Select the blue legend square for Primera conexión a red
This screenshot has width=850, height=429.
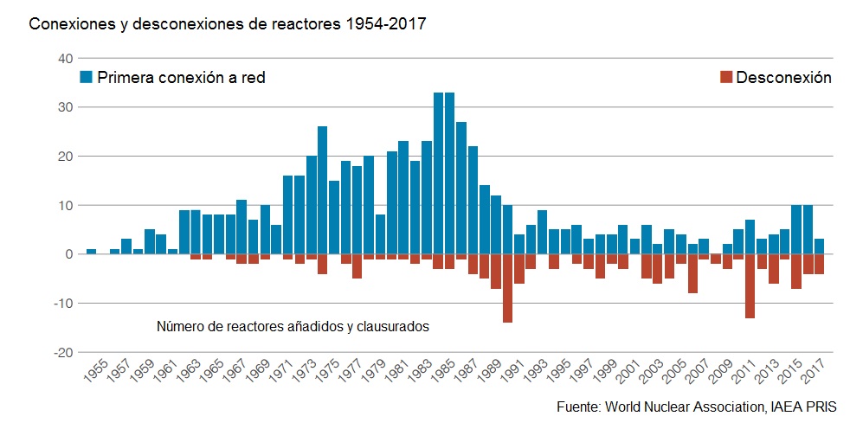(87, 77)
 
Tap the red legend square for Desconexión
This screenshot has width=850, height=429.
(725, 77)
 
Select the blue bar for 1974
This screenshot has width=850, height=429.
(322, 190)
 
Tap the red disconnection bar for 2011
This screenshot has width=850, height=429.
(750, 285)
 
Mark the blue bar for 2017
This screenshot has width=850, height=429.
(819, 247)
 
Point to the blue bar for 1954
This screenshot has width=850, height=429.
(91, 252)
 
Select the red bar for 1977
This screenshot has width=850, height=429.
(357, 266)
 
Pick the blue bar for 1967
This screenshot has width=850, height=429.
(241, 227)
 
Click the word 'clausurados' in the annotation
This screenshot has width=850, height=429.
(395, 327)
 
